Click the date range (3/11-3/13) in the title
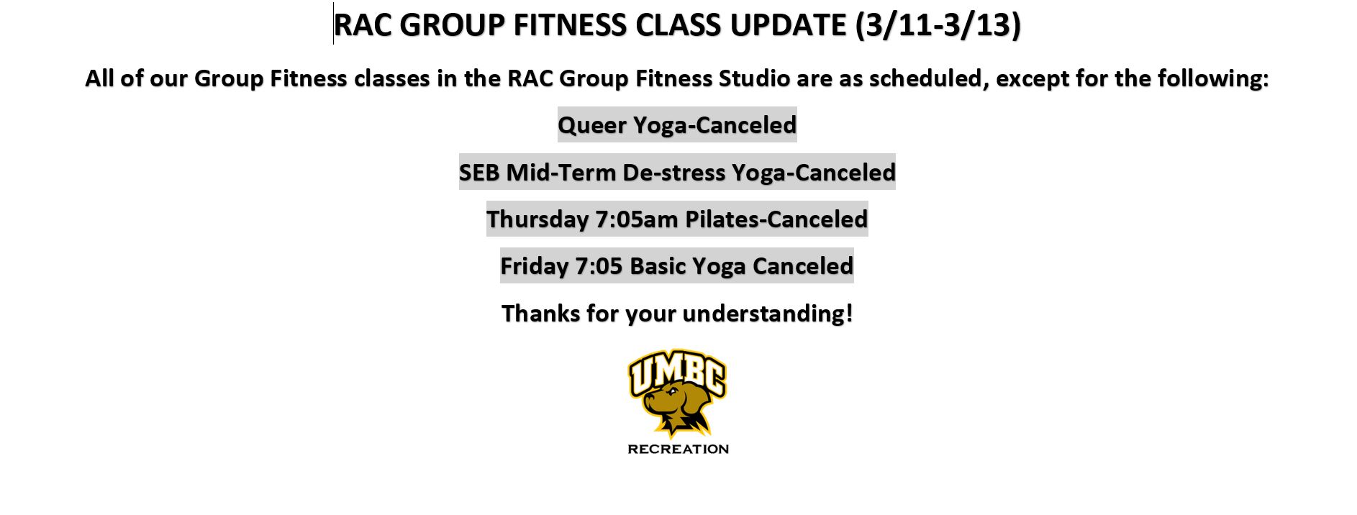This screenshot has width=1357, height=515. pyautogui.click(x=938, y=25)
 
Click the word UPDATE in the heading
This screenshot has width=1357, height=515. pyautogui.click(x=789, y=25)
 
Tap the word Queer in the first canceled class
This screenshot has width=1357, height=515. pyautogui.click(x=592, y=126)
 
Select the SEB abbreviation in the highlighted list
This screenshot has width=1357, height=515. pyautogui.click(x=479, y=173)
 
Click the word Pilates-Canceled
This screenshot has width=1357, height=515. pyautogui.click(x=776, y=219)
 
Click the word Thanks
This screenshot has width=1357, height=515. pyautogui.click(x=540, y=314)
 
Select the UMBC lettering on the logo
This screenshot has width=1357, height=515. pyautogui.click(x=677, y=372)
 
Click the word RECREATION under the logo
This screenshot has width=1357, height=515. pyautogui.click(x=678, y=450)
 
